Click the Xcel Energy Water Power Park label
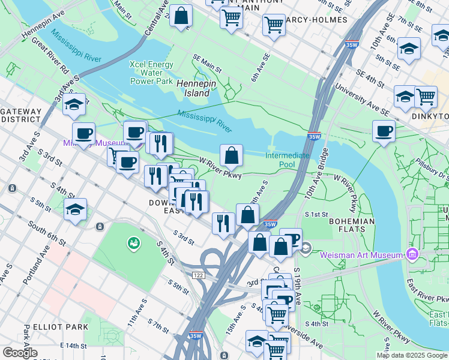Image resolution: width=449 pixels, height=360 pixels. [152, 73]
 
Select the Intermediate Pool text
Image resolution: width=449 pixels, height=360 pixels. [288, 160]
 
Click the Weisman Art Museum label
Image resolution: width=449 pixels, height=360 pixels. [361, 255]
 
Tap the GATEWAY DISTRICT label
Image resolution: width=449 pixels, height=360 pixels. [22, 115]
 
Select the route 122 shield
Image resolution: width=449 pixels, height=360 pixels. [199, 274]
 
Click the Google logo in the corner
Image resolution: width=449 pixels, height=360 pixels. [20, 352]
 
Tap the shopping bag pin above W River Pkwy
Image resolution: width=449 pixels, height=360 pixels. [231, 156]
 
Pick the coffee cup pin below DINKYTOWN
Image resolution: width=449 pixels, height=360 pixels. [384, 131]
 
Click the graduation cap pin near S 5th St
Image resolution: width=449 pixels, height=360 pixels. [75, 210]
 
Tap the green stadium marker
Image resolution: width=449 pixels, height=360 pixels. [133, 243]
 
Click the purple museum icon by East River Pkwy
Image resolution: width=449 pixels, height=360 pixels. [411, 255]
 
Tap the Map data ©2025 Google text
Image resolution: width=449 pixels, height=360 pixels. [412, 355]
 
